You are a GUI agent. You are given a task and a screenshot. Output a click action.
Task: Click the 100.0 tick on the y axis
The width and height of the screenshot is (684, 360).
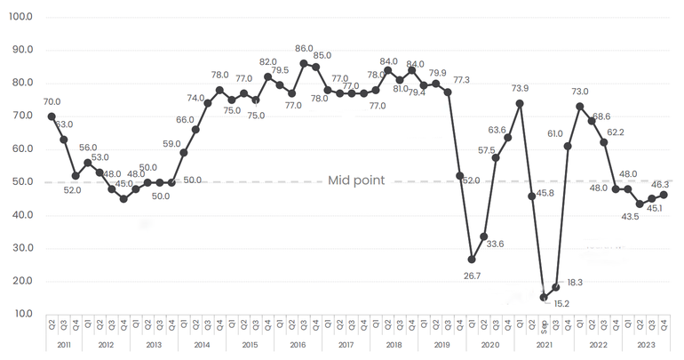(x=20, y=17)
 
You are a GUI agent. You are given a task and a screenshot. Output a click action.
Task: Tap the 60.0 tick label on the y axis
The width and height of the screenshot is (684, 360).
(x=20, y=148)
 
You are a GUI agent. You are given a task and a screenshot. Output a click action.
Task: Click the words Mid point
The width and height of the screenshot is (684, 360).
(x=356, y=180)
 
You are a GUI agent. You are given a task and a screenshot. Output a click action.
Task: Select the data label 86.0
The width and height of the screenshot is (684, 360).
(x=305, y=49)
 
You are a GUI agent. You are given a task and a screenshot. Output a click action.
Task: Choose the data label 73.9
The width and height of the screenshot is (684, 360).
(x=520, y=88)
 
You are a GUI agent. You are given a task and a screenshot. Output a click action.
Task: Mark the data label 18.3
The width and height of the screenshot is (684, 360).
(x=573, y=282)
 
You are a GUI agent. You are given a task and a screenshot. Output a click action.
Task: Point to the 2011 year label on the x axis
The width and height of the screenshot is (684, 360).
(x=63, y=344)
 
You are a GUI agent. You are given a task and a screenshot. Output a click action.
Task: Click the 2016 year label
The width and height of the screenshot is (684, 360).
(x=298, y=344)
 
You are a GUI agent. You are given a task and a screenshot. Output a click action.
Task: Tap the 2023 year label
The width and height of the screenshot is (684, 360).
(x=646, y=344)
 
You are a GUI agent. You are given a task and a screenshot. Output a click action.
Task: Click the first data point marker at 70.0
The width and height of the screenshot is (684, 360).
(x=52, y=116)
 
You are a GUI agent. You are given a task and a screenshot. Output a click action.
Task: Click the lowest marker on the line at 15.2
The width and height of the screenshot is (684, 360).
(x=544, y=297)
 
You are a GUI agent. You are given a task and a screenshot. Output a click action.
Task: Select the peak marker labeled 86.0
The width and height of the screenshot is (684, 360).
(x=304, y=63)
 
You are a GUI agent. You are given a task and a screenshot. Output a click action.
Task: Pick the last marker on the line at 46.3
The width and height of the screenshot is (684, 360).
(x=664, y=195)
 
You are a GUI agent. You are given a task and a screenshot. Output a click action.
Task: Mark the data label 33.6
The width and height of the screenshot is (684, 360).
(x=495, y=244)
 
